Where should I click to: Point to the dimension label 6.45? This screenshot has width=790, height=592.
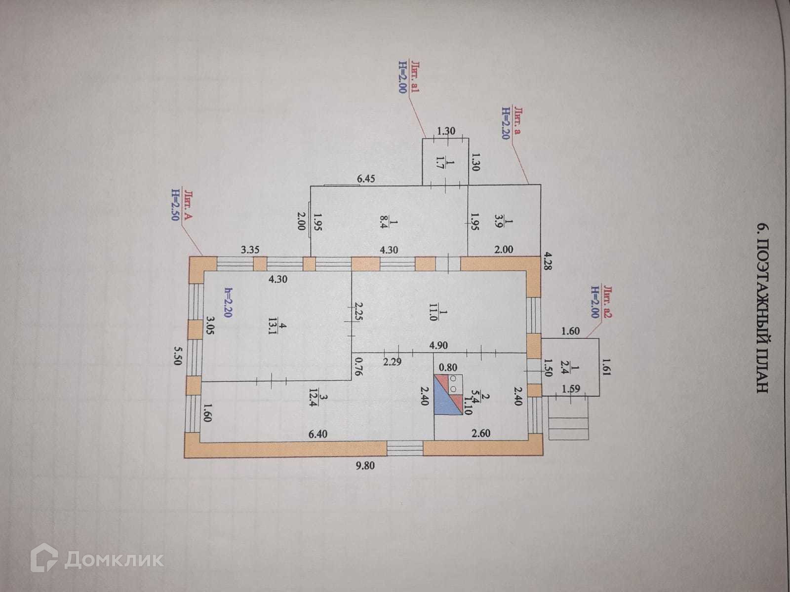[366, 179]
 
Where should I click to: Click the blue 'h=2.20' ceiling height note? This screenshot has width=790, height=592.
[228, 302]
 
